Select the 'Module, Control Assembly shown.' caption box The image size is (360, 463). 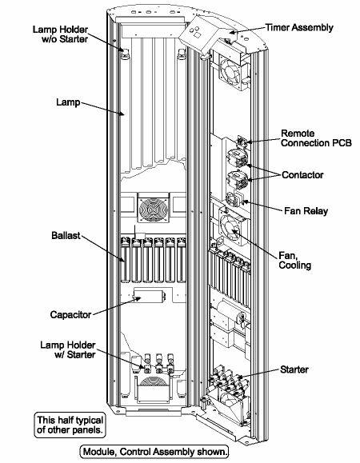155,451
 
